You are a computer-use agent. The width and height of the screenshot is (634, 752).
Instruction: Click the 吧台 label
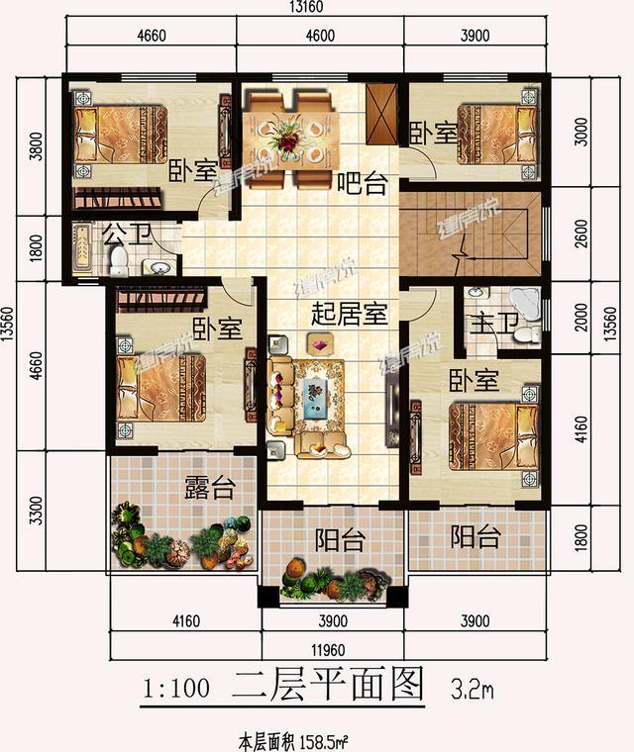coord(361,183)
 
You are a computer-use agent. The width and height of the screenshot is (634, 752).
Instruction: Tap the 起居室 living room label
coord(348,314)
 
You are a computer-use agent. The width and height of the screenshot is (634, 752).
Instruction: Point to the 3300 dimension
coord(36,514)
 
